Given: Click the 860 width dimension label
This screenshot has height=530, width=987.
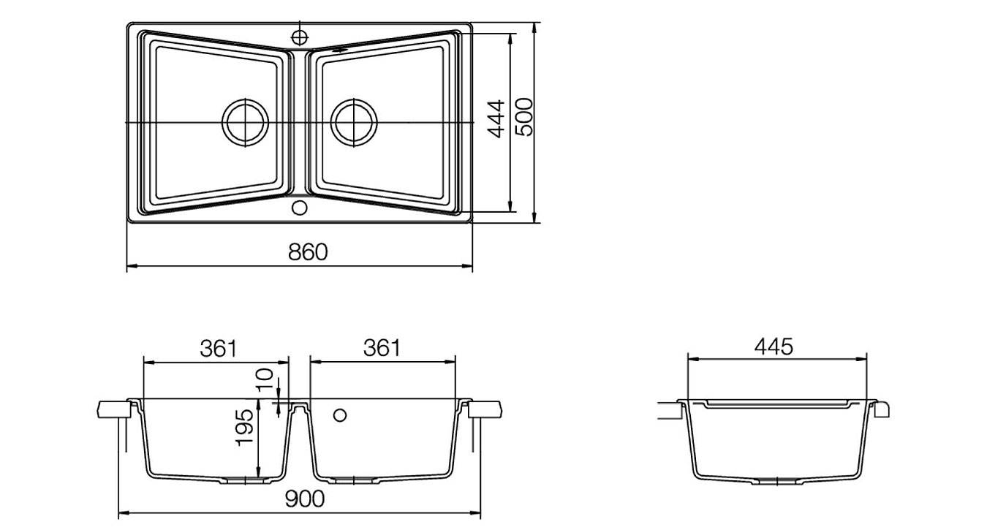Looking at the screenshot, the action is point(308,252).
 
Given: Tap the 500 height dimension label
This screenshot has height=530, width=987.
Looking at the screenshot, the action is point(524,117).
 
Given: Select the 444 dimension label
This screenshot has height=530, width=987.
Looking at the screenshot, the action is point(496,119).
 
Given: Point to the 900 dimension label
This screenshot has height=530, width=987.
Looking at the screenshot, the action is point(304,499).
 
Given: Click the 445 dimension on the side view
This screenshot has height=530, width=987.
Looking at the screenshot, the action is point(774,347).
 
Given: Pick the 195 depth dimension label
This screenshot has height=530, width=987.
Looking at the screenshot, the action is point(244,428).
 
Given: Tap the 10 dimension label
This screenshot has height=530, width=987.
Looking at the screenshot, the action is point(265,379).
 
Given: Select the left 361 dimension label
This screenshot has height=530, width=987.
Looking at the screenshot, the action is point(218,349).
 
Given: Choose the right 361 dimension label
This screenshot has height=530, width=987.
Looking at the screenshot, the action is point(382,348).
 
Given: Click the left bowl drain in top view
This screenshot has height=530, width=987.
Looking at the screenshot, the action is point(246,123).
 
